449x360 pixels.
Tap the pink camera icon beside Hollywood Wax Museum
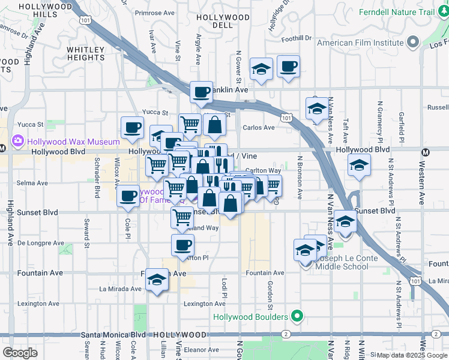pyautogui.click(x=17, y=142)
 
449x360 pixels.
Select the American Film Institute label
pyautogui.click(x=360, y=43)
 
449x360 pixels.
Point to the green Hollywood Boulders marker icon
pyautogui.click(x=296, y=316)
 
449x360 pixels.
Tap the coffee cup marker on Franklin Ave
pyautogui.click(x=201, y=92)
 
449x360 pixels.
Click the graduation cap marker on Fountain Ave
pyautogui.click(x=157, y=280)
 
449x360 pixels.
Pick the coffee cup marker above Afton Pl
pyautogui.click(x=183, y=244)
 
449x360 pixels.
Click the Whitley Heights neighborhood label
pyautogui.click(x=86, y=53)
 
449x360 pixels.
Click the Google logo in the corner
pyautogui.click(x=20, y=352)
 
